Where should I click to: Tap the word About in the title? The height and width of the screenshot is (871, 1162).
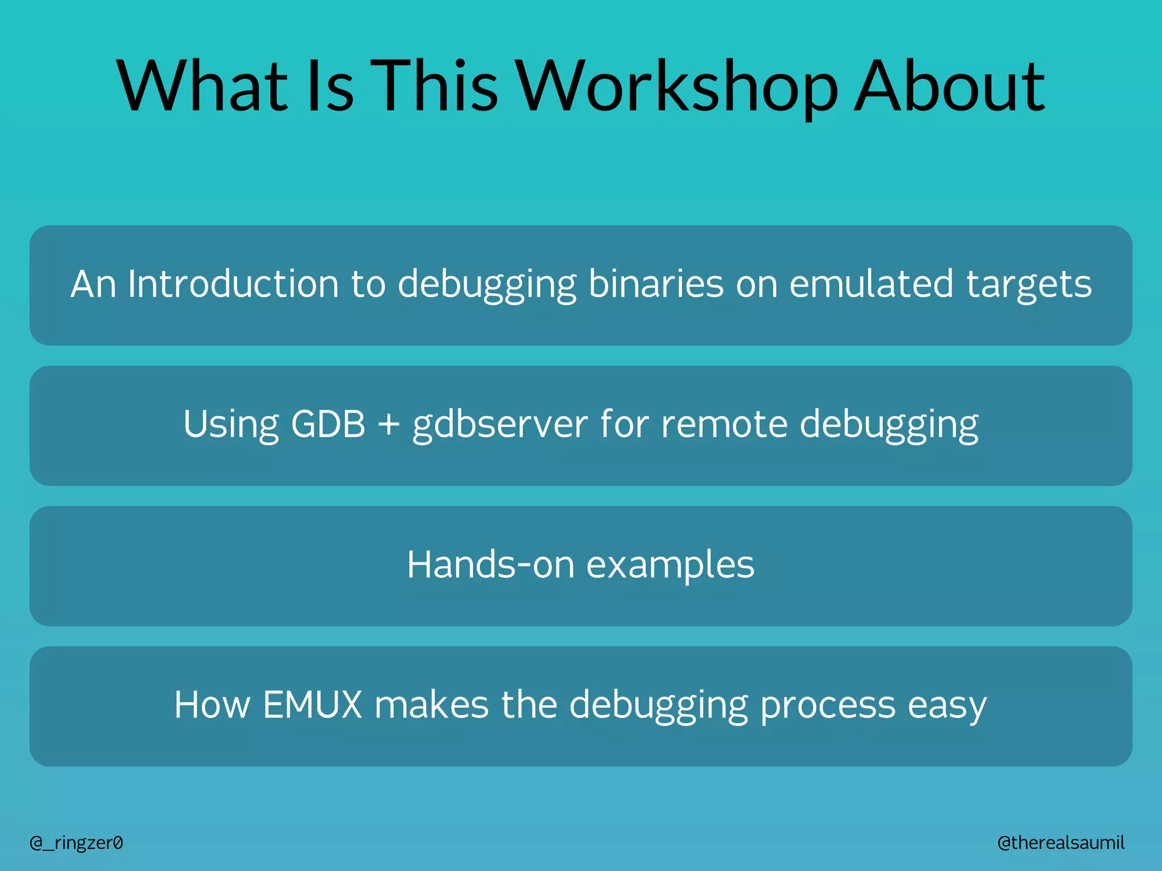click(949, 86)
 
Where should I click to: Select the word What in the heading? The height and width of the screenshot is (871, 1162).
click(202, 86)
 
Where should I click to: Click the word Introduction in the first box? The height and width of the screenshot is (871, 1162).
click(233, 284)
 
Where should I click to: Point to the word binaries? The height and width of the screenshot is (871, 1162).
click(655, 284)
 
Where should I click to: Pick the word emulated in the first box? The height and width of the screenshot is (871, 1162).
click(871, 284)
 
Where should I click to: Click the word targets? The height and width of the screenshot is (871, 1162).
click(1029, 285)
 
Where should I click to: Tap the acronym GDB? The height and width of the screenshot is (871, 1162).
click(327, 424)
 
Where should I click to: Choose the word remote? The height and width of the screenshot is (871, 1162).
click(724, 424)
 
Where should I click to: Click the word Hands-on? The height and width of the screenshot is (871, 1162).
click(490, 565)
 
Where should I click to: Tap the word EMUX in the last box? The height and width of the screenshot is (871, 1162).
click(312, 705)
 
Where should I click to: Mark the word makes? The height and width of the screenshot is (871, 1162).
click(431, 705)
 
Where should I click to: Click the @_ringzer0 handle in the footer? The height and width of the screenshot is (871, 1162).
click(76, 843)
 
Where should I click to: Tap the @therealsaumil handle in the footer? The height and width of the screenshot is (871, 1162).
click(1060, 843)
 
